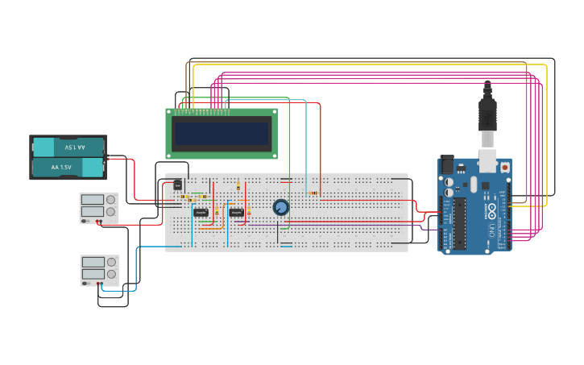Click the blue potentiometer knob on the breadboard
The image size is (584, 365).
point(280,207)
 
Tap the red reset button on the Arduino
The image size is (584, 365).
point(505,167)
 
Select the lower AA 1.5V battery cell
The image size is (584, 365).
point(68,168)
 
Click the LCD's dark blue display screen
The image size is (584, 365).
point(222,134)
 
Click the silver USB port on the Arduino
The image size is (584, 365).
point(487,160)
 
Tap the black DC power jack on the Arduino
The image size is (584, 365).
point(448,164)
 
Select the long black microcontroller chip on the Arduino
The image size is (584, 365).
point(460,223)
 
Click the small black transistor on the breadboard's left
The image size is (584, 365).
point(178,185)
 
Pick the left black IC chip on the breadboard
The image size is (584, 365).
point(201,213)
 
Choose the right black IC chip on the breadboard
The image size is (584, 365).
point(236,213)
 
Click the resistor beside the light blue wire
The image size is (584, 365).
point(313,193)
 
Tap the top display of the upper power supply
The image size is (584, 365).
point(92,199)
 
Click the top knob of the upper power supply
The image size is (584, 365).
point(112,199)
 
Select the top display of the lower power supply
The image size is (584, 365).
point(93,262)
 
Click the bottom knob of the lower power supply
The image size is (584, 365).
point(112,274)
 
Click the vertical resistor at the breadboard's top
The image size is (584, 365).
point(238,187)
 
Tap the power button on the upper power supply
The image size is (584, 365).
point(84,220)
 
